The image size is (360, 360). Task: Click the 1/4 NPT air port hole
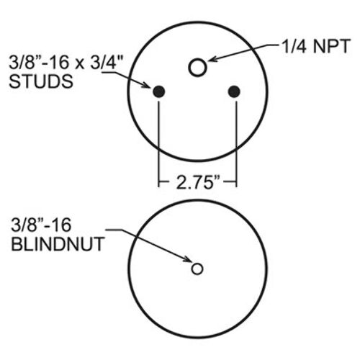[x=197, y=68]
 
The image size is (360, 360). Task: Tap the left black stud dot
[x=158, y=91]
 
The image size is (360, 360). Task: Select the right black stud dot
[x=234, y=91]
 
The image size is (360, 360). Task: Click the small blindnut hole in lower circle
[x=197, y=269]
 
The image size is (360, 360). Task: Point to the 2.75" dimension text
[x=198, y=181]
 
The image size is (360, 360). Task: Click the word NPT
[x=331, y=46]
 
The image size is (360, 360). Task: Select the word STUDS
[x=41, y=81]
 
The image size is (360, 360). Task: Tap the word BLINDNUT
[x=58, y=244]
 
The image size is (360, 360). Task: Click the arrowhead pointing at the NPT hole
[x=212, y=58]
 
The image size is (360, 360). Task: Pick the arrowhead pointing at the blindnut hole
[x=187, y=259]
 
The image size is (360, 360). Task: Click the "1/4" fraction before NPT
[x=294, y=46]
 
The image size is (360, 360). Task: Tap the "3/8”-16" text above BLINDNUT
[x=41, y=225]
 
